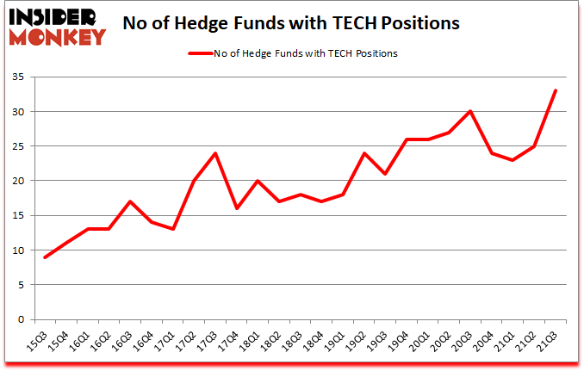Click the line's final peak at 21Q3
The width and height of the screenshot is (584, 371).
click(556, 90)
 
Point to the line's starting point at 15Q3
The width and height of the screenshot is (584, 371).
click(46, 257)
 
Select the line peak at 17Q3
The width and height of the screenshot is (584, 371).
click(215, 153)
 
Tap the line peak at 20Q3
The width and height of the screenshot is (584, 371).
click(470, 111)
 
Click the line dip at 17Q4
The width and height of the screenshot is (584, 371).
click(237, 208)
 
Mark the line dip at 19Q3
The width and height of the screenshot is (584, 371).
click(385, 174)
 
